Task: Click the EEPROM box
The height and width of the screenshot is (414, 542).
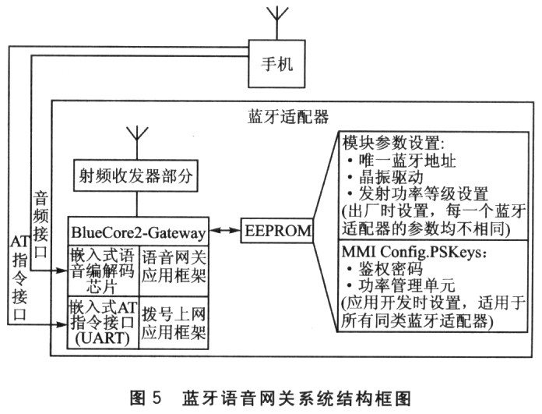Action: (277, 232)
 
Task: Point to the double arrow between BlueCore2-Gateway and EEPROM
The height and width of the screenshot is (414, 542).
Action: (225, 232)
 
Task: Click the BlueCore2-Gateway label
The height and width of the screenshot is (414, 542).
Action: (137, 232)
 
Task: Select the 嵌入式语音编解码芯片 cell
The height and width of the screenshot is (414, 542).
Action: (102, 269)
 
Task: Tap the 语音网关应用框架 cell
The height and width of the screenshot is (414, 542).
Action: (171, 269)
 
